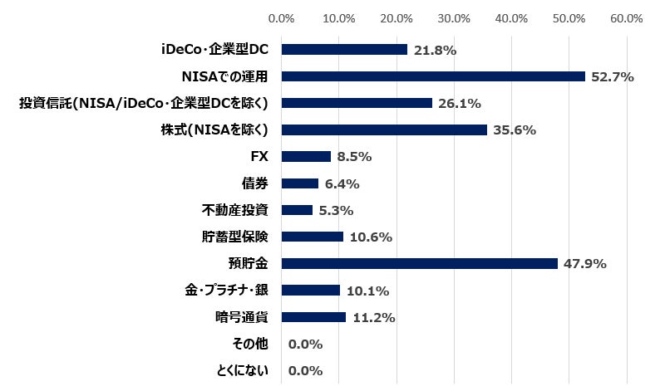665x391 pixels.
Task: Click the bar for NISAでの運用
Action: [x=433, y=76]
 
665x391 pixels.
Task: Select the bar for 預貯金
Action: [x=420, y=263]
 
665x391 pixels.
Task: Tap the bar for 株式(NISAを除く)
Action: [x=384, y=130]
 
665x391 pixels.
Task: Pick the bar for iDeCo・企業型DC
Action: [x=344, y=50]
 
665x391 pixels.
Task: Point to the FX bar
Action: [x=306, y=156]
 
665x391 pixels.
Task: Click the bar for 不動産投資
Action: [x=297, y=210]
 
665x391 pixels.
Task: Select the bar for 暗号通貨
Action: [x=313, y=316]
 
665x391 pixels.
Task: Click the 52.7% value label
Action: [x=612, y=77]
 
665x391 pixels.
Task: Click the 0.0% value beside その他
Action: [x=304, y=344]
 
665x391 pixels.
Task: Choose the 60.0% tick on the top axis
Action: [x=626, y=17]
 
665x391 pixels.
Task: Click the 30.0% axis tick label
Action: [x=454, y=17]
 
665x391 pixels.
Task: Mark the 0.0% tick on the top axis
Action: [x=282, y=17]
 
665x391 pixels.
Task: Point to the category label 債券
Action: [x=254, y=183]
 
